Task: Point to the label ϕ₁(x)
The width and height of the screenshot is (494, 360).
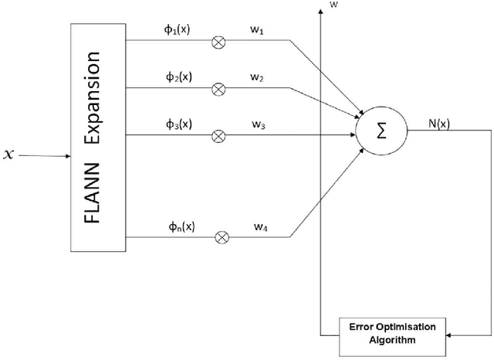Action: point(178,31)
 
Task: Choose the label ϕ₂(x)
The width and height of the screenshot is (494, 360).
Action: point(178,78)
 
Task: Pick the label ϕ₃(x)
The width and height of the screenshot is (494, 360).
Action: point(178,124)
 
